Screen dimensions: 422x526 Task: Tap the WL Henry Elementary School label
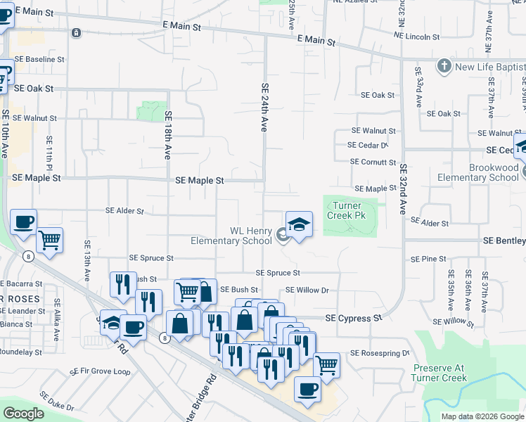tap(231, 236)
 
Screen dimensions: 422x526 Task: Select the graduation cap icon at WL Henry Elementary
tap(299, 225)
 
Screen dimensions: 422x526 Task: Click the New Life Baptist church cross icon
tap(444, 67)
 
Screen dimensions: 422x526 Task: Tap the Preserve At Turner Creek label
tap(440, 373)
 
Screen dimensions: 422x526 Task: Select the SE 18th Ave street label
tap(167, 135)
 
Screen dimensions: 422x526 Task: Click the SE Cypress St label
tap(353, 319)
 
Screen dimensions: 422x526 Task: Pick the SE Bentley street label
tap(503, 241)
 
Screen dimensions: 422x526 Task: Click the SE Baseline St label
tap(41, 60)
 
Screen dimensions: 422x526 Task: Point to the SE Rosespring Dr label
tap(379, 353)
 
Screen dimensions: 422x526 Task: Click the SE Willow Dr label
tap(307, 290)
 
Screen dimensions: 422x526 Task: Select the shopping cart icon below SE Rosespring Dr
tap(326, 365)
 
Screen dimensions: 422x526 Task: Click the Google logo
tap(23, 414)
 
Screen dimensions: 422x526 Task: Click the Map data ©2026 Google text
tap(482, 416)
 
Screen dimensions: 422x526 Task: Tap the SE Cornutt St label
tap(373, 162)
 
